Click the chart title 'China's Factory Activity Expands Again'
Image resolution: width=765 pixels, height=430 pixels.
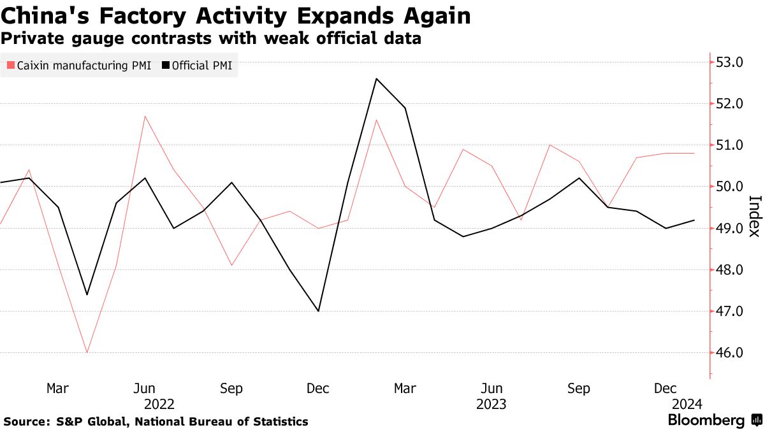pos(237,16)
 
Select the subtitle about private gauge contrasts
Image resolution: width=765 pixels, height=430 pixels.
pos(211,39)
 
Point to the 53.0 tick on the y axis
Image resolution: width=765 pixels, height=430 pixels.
pos(730,62)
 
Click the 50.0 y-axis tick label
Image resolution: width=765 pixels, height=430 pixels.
pos(730,187)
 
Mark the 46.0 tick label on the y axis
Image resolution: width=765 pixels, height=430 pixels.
pos(730,353)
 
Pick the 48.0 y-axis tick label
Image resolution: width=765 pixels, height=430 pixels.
pos(730,270)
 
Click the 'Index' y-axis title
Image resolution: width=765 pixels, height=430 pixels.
pos(754,215)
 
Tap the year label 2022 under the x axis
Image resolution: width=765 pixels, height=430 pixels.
pos(159,404)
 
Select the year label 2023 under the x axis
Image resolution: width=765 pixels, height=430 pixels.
pos(492,404)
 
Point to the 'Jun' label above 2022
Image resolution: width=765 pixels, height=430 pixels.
pos(145,389)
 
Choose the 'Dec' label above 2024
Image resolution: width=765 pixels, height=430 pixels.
pos(666,389)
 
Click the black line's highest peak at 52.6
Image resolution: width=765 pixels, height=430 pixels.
pos(377,79)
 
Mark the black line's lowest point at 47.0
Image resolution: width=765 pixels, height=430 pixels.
pos(319,311)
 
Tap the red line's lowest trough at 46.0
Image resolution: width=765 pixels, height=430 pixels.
pos(87,352)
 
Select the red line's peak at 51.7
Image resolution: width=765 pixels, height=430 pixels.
pos(145,116)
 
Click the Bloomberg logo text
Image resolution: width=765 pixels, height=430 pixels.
pos(706,420)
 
